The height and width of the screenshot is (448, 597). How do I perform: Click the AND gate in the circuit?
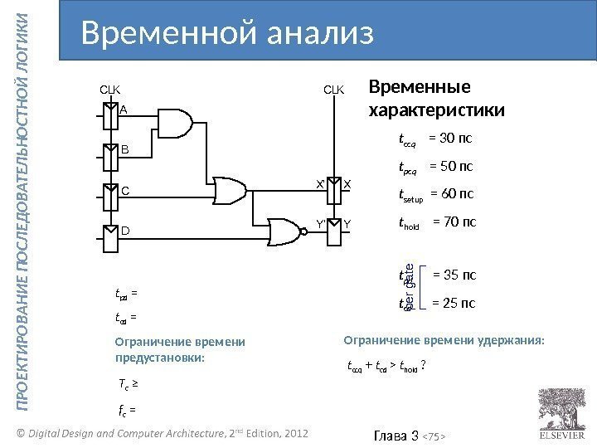[177, 124]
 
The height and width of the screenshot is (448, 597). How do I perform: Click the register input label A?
[124, 109]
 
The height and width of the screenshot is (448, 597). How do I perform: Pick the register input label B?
[125, 151]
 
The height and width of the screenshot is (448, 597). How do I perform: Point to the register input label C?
[125, 189]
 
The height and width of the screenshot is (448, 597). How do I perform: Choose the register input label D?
[125, 231]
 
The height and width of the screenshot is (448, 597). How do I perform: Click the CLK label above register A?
[110, 86]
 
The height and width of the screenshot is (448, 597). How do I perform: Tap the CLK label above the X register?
[334, 86]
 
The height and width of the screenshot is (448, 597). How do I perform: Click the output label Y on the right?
[348, 223]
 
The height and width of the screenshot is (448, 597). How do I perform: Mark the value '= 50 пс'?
[450, 167]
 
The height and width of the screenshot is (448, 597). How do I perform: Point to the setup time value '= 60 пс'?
[453, 195]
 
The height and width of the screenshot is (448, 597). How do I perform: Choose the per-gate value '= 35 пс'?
[455, 275]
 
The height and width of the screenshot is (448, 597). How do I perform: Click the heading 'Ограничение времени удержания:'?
[444, 339]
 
